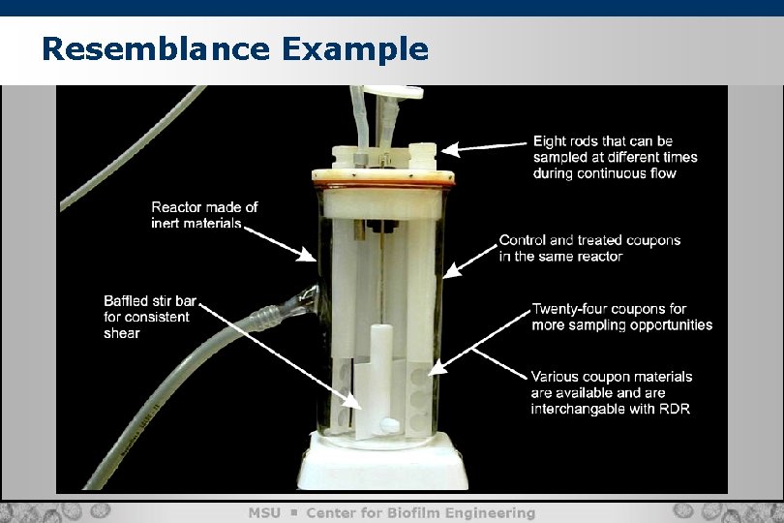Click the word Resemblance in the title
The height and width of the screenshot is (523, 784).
click(x=156, y=49)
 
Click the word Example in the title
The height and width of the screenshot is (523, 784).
click(x=355, y=50)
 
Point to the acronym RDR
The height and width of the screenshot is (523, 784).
click(x=675, y=409)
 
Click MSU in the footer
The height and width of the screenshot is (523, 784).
click(x=264, y=513)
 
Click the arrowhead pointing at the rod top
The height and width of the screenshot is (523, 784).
click(x=449, y=149)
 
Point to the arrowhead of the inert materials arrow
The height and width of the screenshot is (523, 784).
click(x=307, y=255)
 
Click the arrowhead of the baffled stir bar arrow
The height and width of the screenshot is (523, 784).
click(x=351, y=401)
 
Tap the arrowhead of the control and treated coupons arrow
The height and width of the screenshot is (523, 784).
click(x=451, y=270)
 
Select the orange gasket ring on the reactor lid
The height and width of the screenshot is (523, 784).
click(x=383, y=185)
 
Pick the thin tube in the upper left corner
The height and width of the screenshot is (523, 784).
click(x=133, y=148)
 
